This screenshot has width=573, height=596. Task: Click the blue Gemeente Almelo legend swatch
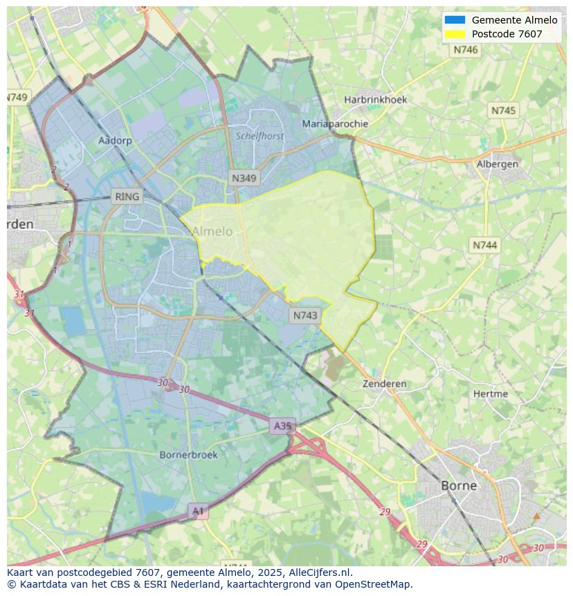tap(455, 20)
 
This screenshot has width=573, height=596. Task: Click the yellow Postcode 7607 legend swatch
tap(455, 34)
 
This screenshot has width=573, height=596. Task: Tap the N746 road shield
tap(466, 50)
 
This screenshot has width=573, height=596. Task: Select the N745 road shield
tap(503, 111)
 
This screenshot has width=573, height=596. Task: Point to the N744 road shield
tap(484, 245)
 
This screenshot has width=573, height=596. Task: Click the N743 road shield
tap(305, 316)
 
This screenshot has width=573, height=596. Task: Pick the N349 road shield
tap(244, 179)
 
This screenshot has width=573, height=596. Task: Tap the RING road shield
tap(127, 197)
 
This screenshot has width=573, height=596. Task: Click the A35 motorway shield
tap(282, 426)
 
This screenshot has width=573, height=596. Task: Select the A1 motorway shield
tap(198, 512)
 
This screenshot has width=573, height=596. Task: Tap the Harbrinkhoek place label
tap(376, 100)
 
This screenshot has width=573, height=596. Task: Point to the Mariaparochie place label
tap(335, 124)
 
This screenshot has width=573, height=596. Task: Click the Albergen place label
tap(497, 164)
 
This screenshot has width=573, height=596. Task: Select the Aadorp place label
tap(115, 140)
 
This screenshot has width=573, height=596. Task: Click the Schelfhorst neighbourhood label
tap(260, 136)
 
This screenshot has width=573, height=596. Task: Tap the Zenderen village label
tap(385, 383)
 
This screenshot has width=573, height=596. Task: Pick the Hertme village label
tap(490, 394)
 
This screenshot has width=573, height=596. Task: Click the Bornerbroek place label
tap(188, 455)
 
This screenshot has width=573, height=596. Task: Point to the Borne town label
tap(459, 485)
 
